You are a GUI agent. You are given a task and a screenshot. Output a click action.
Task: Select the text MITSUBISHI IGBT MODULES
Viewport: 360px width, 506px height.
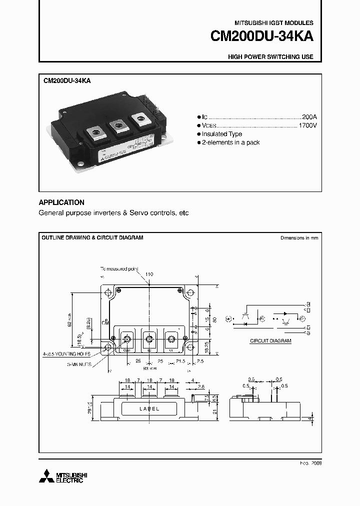(x=274, y=23)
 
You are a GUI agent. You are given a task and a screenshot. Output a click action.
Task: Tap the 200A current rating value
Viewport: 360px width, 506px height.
(x=309, y=114)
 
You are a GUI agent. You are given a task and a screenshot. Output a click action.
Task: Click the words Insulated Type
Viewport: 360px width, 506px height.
(x=221, y=134)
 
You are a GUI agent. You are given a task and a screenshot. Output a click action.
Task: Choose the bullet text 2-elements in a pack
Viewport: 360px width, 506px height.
(x=230, y=143)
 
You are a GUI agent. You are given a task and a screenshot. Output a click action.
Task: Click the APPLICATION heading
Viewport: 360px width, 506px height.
(x=61, y=202)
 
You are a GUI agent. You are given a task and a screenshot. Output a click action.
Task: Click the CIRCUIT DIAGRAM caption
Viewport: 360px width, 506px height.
(x=270, y=340)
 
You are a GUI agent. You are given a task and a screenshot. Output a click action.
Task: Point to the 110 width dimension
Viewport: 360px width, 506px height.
(x=149, y=274)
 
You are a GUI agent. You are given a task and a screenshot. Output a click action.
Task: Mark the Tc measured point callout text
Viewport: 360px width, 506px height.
(x=119, y=269)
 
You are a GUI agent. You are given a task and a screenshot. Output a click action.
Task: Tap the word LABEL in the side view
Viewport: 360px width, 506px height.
(x=149, y=408)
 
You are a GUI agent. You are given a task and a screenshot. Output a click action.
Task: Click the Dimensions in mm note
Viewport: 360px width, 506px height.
(x=299, y=238)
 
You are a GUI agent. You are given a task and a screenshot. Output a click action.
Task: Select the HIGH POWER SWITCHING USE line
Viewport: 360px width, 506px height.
(x=270, y=57)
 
